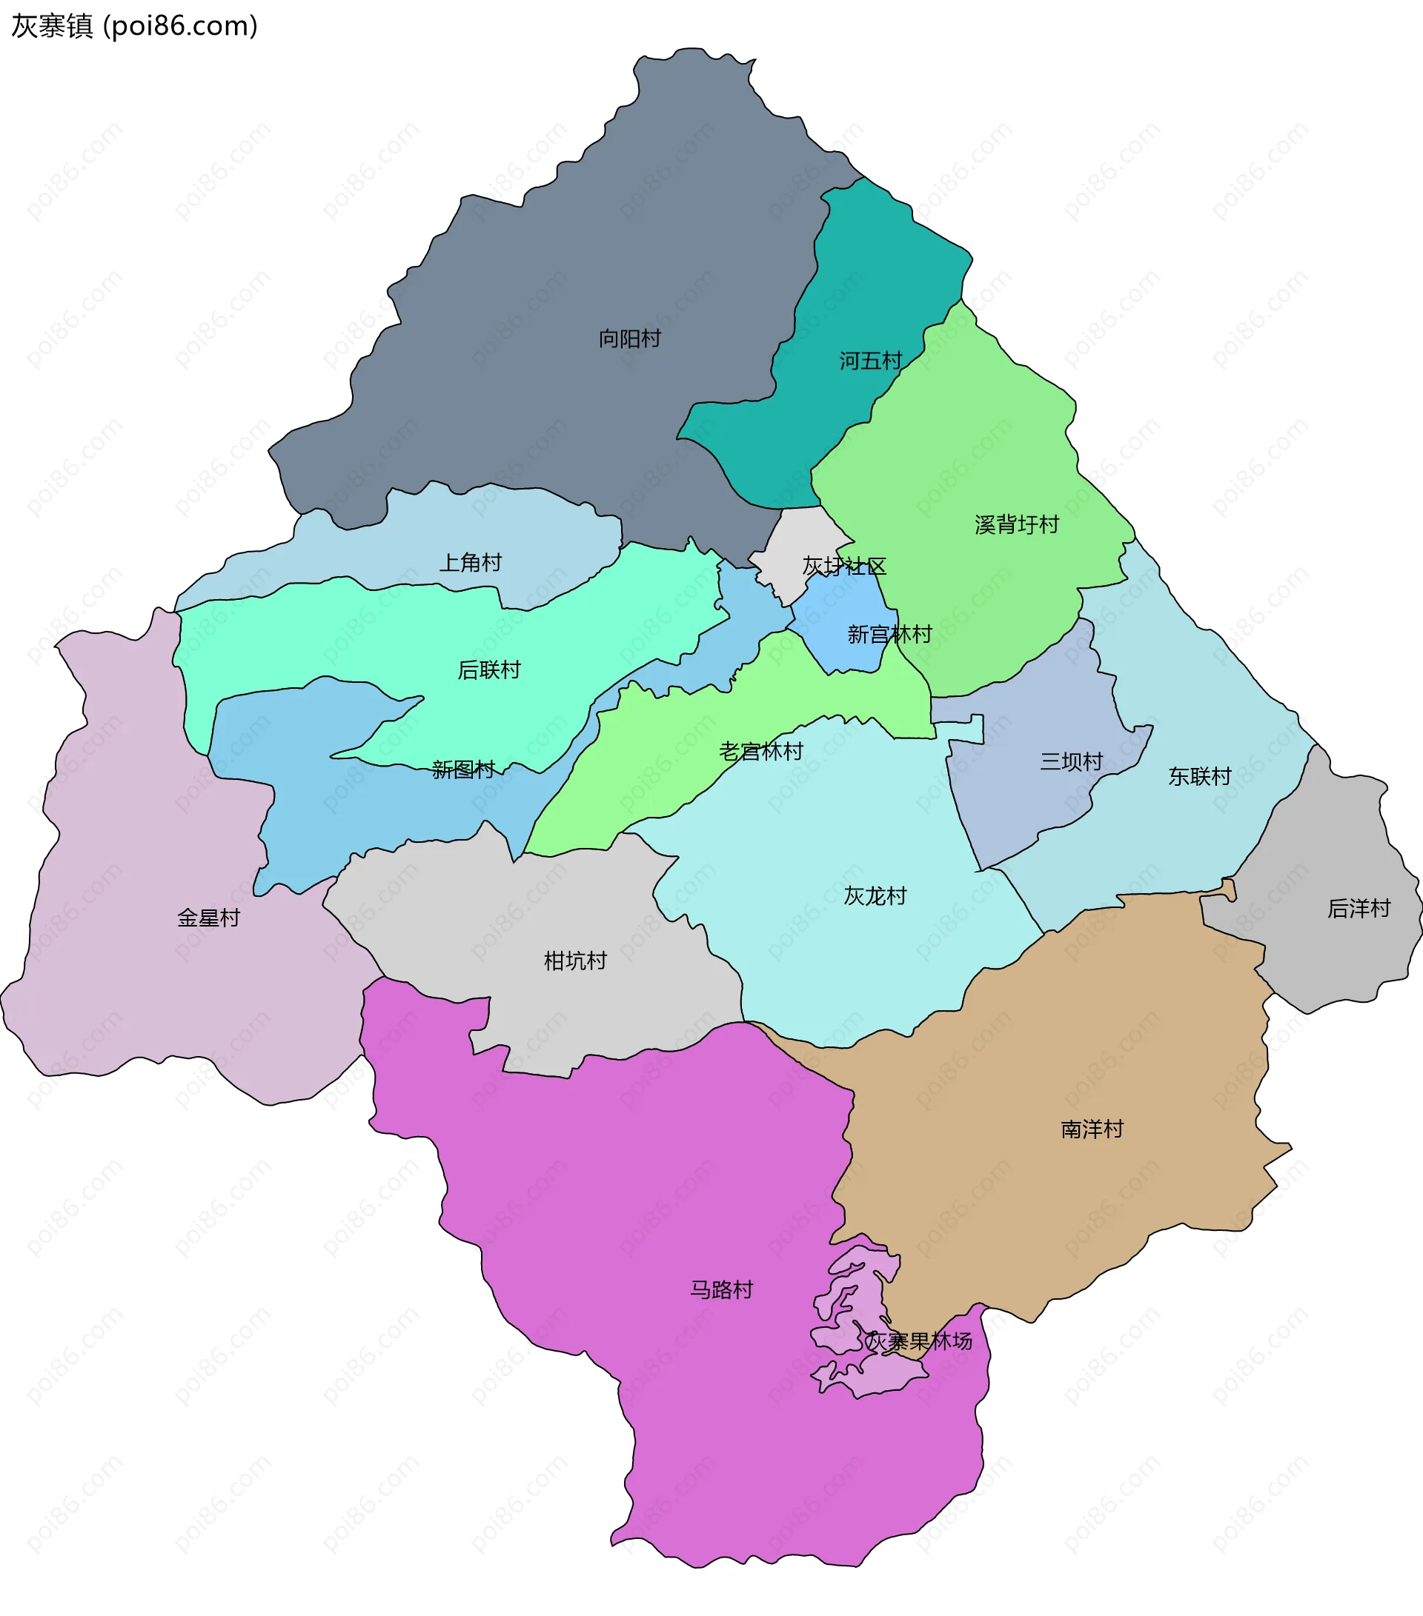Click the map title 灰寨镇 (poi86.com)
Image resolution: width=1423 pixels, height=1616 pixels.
[134, 26]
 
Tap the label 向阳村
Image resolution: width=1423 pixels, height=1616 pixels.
[630, 339]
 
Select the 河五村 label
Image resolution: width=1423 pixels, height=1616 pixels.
[870, 361]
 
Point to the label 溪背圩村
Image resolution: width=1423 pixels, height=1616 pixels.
[1016, 525]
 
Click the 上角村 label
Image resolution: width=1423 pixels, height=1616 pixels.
[471, 563]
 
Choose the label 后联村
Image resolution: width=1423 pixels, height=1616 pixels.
[489, 670]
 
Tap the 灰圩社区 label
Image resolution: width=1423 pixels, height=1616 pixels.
[844, 566]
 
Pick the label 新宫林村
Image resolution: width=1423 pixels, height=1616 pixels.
[889, 634]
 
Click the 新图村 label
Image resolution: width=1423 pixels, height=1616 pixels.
[463, 769]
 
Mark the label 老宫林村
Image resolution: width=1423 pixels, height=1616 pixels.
[761, 751]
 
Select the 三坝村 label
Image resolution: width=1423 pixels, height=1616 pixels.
[1071, 762]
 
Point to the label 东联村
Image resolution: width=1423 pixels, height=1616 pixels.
[1199, 776]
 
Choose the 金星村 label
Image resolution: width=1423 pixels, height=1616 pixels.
[208, 918]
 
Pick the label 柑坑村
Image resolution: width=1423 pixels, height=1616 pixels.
[575, 961]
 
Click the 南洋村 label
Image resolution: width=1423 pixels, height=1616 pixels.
[1092, 1129]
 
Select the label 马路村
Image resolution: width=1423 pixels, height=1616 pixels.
[721, 1290]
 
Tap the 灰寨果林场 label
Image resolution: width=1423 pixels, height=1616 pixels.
[918, 1342]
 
